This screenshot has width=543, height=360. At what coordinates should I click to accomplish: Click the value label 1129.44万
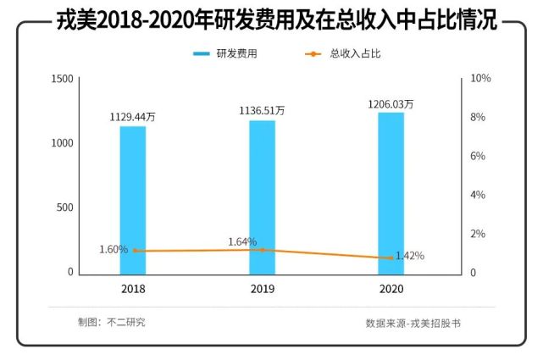click(x=132, y=118)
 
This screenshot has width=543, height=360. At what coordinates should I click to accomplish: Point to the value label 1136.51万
click(x=262, y=110)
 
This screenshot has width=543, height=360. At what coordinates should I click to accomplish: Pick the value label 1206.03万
click(x=391, y=104)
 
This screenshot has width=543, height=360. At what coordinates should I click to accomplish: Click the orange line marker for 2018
click(x=133, y=251)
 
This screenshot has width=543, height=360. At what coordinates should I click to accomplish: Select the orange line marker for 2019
click(x=262, y=250)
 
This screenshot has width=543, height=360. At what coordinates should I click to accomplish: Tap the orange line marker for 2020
click(x=391, y=258)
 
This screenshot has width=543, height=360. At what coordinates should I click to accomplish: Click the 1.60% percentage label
click(x=114, y=250)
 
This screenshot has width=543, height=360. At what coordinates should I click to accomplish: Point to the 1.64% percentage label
click(x=242, y=242)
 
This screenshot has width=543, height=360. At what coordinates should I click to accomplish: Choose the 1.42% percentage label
click(x=410, y=256)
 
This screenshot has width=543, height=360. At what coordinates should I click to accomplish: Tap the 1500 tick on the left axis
click(x=63, y=79)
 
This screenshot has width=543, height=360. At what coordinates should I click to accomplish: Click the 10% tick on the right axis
click(x=481, y=79)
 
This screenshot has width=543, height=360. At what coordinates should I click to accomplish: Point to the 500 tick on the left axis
click(x=66, y=208)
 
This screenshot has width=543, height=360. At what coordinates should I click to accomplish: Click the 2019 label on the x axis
click(x=262, y=289)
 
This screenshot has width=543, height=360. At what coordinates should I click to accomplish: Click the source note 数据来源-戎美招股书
click(x=413, y=323)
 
